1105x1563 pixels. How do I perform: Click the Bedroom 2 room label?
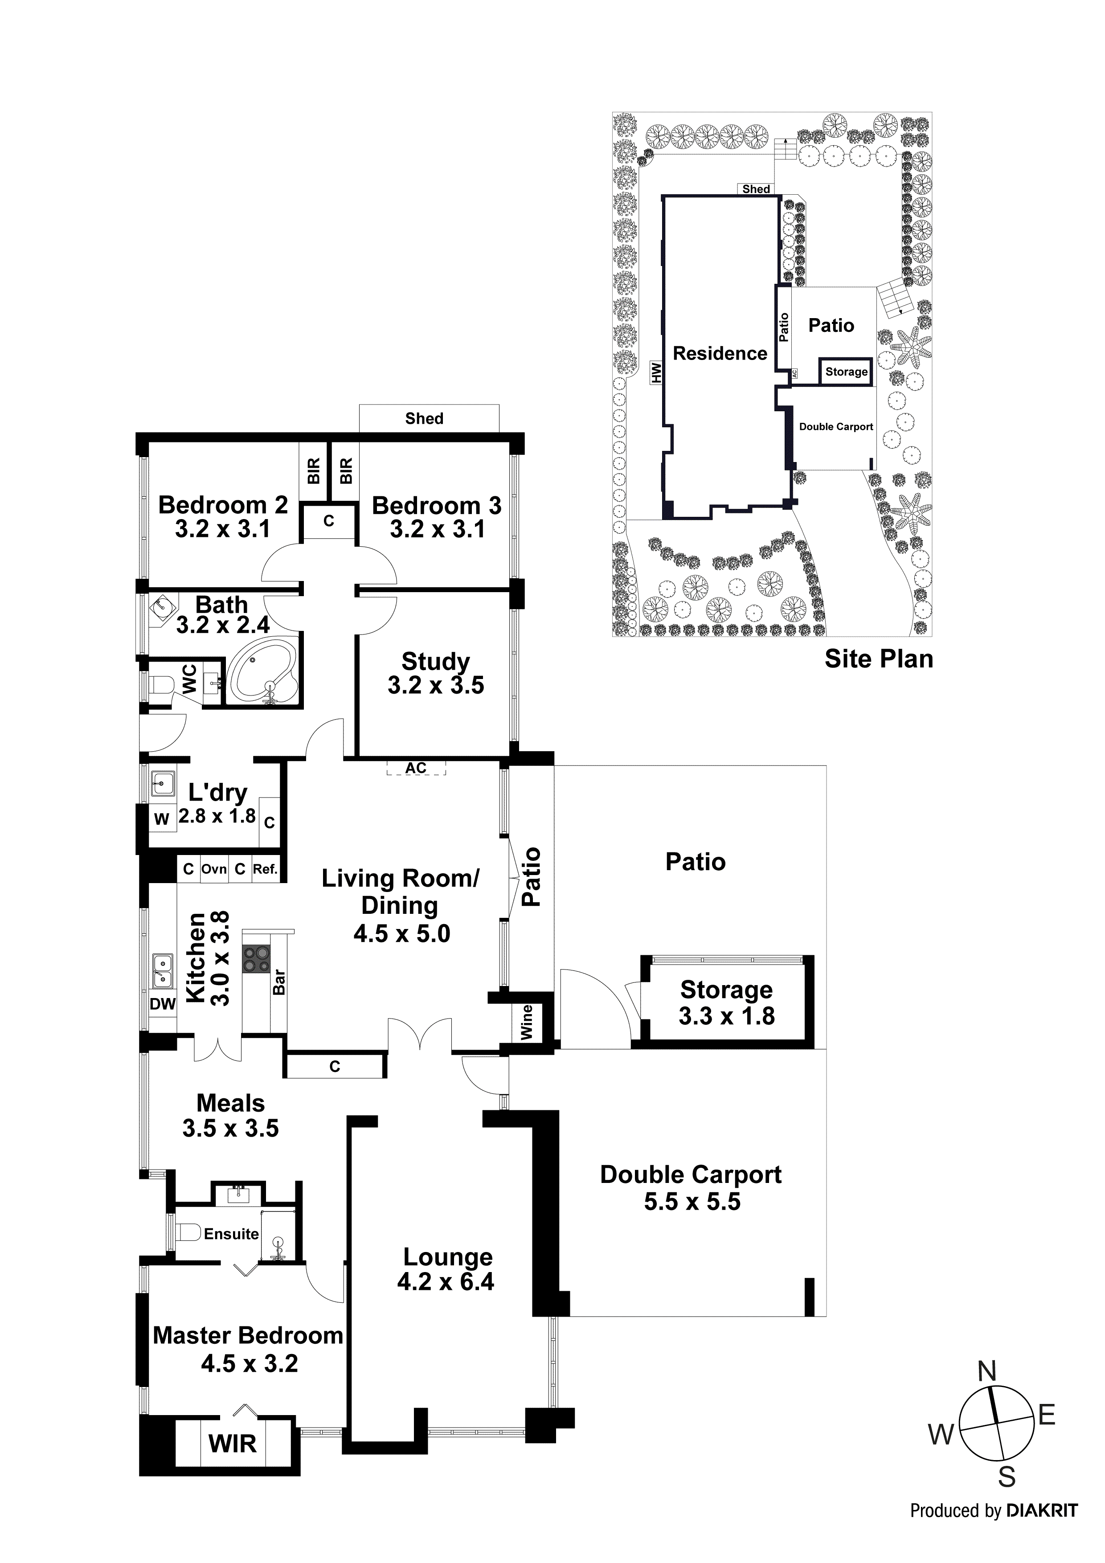click(223, 505)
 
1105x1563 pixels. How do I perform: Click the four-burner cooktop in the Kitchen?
click(257, 959)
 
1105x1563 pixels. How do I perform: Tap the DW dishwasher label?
click(162, 1004)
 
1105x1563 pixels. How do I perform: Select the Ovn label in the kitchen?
click(214, 869)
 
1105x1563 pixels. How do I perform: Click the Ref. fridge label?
click(265, 869)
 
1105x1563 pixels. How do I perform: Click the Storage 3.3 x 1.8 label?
click(726, 1003)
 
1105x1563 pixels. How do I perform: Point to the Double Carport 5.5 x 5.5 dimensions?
click(692, 1202)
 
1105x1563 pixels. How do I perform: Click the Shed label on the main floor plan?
click(424, 419)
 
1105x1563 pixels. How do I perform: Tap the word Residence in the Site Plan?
click(720, 353)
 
